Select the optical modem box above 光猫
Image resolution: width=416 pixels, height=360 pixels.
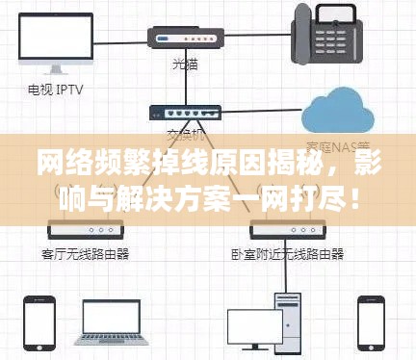click(184, 38)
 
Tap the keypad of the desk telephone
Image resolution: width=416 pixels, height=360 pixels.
click(340, 39)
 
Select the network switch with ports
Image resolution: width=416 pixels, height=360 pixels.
click(184, 114)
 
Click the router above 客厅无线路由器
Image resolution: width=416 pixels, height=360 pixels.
click(86, 231)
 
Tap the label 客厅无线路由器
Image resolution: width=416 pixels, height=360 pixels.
click(86, 254)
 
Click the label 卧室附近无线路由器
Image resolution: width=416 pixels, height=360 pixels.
click(286, 254)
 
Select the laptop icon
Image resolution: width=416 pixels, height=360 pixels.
click(114, 321)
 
